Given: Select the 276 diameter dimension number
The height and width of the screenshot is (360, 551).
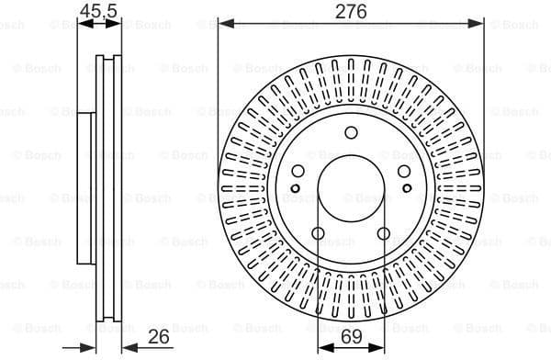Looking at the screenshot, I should coord(351,11).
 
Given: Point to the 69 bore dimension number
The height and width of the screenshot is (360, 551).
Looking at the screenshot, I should coord(351,337).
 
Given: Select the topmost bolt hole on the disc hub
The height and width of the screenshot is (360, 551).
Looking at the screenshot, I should coord(351,133).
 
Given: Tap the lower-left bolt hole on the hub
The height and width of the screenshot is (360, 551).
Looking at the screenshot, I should coord(318,233).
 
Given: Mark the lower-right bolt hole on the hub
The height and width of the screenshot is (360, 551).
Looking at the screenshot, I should coord(384,233).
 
